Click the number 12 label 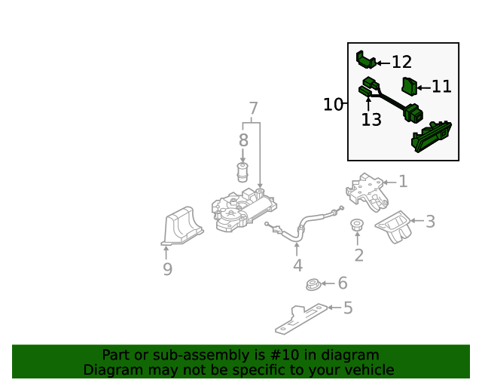click(x=401, y=63)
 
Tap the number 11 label click(x=441, y=87)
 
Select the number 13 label click(x=371, y=120)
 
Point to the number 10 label click(x=332, y=105)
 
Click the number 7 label click(x=253, y=108)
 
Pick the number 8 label click(x=243, y=140)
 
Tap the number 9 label click(x=167, y=269)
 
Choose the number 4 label click(x=298, y=265)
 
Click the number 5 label click(x=347, y=308)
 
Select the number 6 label click(x=342, y=283)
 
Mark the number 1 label click(x=403, y=182)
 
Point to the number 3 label click(x=430, y=222)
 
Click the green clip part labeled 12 click(x=365, y=60)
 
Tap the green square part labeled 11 click(x=409, y=86)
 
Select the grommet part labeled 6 click(x=311, y=285)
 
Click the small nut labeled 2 click(x=357, y=225)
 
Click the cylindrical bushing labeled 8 click(x=243, y=171)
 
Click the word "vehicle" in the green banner click(x=366, y=370)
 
